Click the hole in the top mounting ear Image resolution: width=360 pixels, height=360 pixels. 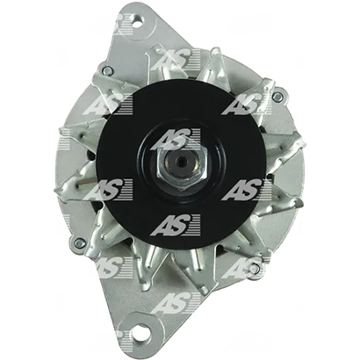[x=137, y=21]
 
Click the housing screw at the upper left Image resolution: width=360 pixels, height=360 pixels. [x=108, y=69]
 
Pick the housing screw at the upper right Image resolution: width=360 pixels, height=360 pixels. [x=277, y=96]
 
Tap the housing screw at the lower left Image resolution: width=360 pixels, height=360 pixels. [x=79, y=242]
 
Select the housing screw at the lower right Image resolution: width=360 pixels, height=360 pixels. [x=255, y=267]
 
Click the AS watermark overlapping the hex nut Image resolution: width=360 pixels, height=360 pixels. [x=176, y=140]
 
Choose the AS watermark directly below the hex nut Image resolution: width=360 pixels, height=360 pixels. [x=176, y=225]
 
